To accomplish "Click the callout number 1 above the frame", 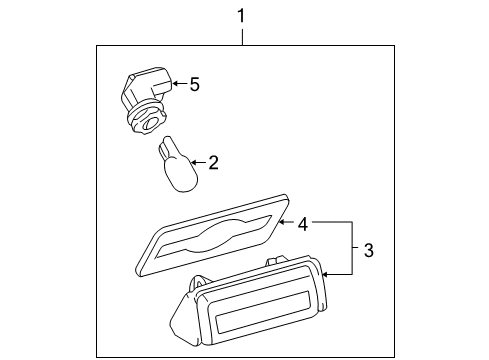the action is click(241, 14).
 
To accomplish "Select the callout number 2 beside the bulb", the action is click(212, 162).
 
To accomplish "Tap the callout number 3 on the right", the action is click(369, 249).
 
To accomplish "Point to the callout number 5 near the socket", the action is click(195, 85).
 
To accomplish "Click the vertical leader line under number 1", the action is click(241, 36).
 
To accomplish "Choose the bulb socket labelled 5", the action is click(145, 98).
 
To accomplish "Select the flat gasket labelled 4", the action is click(210, 246).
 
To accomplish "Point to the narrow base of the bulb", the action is click(164, 151).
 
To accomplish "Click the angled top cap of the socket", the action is click(147, 79).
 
